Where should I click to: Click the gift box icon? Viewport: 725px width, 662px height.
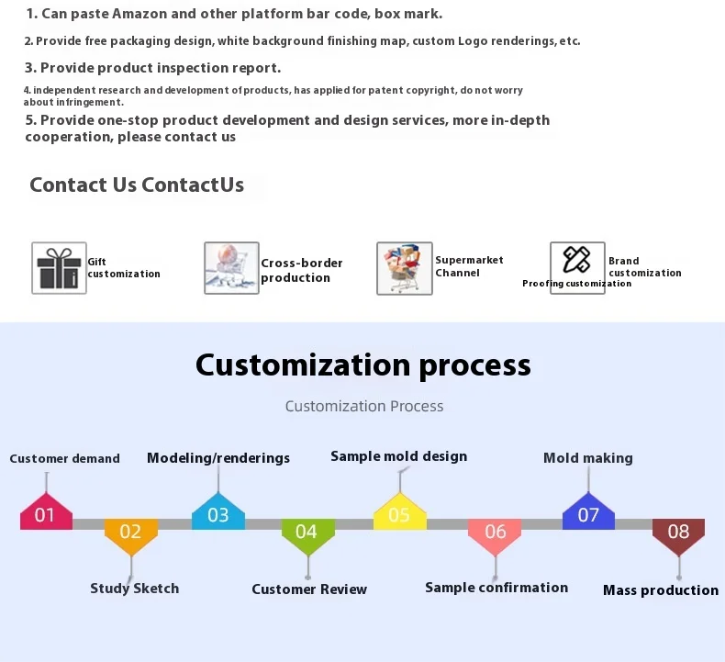pyautogui.click(x=59, y=268)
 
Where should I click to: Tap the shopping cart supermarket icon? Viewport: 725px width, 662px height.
pyautogui.click(x=404, y=268)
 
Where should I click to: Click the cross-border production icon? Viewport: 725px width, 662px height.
pyautogui.click(x=231, y=268)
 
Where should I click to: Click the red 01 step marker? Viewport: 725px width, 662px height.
pyautogui.click(x=46, y=513)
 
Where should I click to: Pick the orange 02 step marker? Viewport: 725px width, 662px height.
pyautogui.click(x=130, y=533)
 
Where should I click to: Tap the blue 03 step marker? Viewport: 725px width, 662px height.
pyautogui.click(x=218, y=513)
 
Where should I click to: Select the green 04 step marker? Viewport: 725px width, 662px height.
pyautogui.click(x=307, y=533)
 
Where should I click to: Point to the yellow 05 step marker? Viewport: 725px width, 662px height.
pyautogui.click(x=399, y=513)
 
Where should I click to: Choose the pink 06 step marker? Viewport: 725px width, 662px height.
pyautogui.click(x=495, y=533)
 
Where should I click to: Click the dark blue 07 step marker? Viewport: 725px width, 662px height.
pyautogui.click(x=588, y=513)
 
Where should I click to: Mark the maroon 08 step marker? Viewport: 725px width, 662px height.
pyautogui.click(x=678, y=533)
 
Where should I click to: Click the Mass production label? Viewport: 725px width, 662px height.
pyautogui.click(x=661, y=590)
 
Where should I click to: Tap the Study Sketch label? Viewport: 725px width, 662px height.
pyautogui.click(x=134, y=589)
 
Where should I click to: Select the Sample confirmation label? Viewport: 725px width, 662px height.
pyautogui.click(x=496, y=588)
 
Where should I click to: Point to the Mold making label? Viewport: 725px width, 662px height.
pyautogui.click(x=588, y=458)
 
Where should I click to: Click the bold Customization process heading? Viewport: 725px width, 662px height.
pyautogui.click(x=363, y=365)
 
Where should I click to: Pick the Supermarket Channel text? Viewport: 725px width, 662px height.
pyautogui.click(x=469, y=266)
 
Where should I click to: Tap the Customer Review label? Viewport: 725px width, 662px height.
pyautogui.click(x=309, y=589)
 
